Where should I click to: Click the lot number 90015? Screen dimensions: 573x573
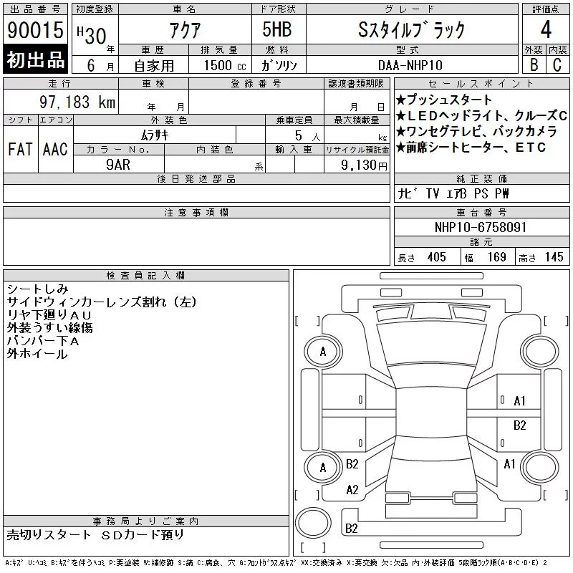click(35, 30)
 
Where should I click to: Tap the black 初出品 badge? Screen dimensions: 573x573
click(35, 59)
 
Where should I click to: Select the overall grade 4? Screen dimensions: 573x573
click(546, 29)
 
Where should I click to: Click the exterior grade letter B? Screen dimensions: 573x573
click(534, 64)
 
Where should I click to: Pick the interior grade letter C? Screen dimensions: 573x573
click(557, 64)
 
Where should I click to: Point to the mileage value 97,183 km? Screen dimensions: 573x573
click(77, 102)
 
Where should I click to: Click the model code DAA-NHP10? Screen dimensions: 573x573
click(410, 65)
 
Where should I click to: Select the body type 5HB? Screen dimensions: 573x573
click(277, 29)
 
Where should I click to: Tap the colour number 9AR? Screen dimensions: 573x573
click(118, 165)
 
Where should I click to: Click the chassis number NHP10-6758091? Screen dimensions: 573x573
click(480, 227)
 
